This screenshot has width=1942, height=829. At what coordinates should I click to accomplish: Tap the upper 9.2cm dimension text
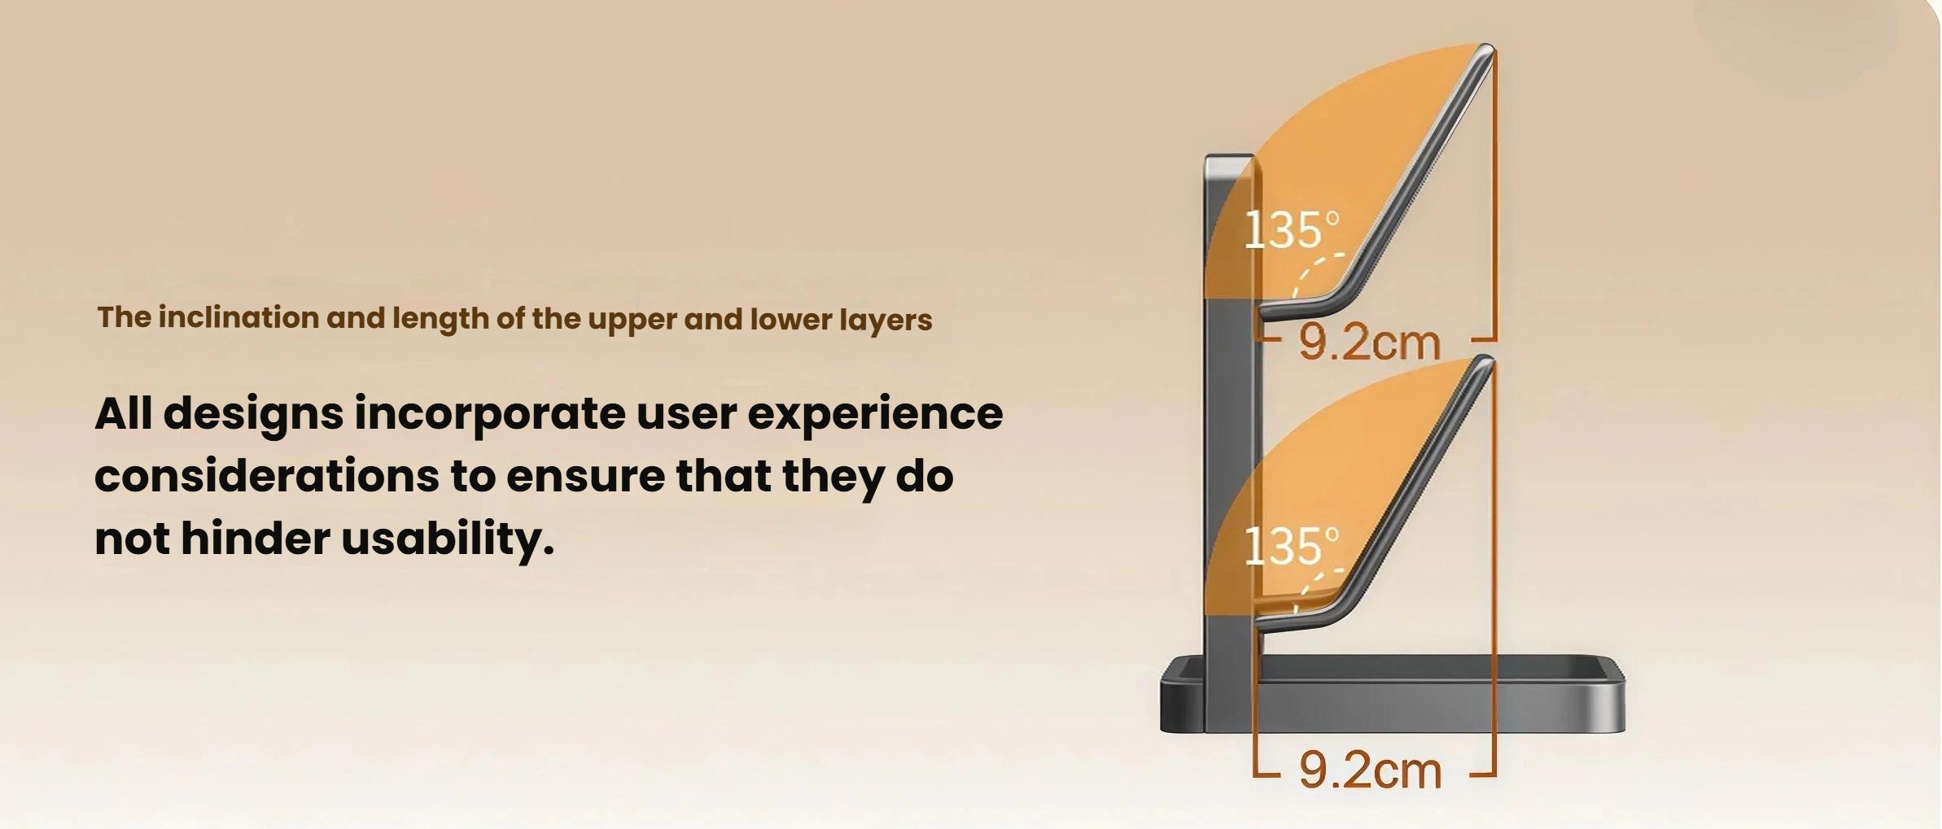[x=1370, y=343]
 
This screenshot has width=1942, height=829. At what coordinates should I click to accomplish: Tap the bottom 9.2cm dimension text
[x=1370, y=770]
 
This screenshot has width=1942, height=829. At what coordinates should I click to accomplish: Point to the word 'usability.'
[x=448, y=538]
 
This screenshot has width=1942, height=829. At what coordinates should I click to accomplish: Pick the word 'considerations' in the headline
[x=267, y=476]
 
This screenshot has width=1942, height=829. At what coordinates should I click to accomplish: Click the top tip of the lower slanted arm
[x=1486, y=362]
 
